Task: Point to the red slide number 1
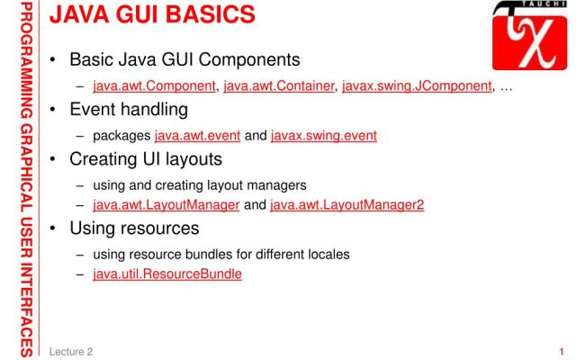tap(562, 346)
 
